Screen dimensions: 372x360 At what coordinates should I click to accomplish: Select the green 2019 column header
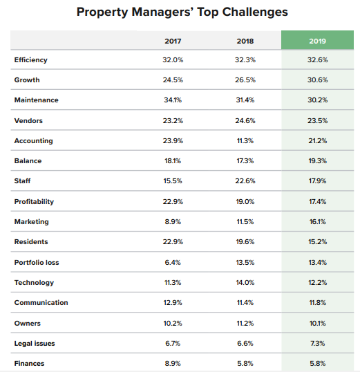317,41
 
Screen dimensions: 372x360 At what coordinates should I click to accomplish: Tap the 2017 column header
173,41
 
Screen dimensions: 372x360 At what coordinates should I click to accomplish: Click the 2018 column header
245,41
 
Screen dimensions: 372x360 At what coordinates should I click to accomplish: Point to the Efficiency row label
31,60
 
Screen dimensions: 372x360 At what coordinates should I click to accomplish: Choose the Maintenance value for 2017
173,100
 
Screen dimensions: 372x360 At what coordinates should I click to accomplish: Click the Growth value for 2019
317,80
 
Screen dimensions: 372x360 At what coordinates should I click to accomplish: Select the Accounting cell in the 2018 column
245,141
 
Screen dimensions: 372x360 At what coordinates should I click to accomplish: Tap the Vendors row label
28,121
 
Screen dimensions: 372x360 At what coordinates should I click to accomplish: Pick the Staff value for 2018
245,181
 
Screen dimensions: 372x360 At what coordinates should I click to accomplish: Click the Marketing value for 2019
317,222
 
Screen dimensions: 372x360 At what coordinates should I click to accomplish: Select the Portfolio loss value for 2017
173,262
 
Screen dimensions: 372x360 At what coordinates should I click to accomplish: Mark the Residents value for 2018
245,242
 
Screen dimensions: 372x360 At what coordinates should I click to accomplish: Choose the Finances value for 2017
173,363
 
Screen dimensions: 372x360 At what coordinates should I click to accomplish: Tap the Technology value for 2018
245,282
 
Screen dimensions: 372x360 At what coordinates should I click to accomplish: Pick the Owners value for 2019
317,323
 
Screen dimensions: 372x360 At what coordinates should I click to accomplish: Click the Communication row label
41,303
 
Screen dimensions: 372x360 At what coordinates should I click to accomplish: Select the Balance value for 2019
317,161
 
